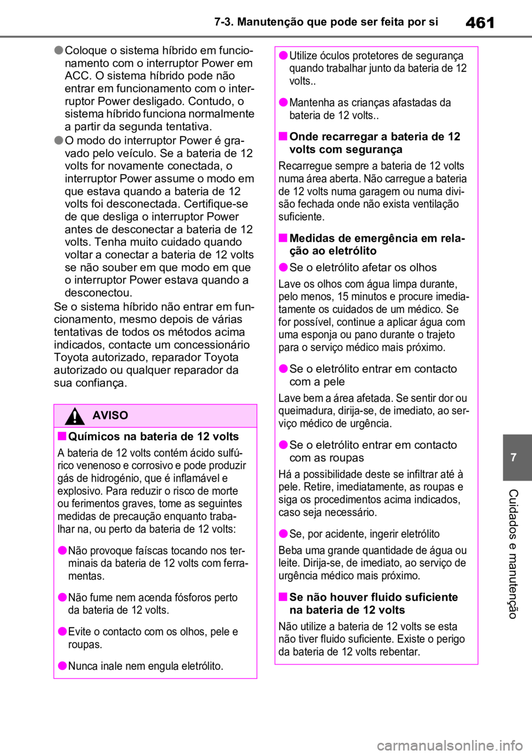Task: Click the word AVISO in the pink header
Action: [110, 415]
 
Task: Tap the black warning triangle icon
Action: [74, 416]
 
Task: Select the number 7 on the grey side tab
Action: [513, 457]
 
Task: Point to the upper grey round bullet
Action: [59, 50]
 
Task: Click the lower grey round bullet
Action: [59, 140]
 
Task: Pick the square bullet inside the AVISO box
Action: [62, 436]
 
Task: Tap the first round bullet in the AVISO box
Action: [62, 550]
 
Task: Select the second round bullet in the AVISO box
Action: [62, 597]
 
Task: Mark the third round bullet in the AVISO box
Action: [62, 631]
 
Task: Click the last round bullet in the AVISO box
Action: [62, 666]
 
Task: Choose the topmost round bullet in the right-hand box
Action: [283, 55]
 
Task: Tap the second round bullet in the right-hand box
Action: [283, 102]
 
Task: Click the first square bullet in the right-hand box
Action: [283, 136]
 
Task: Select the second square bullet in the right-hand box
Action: [283, 238]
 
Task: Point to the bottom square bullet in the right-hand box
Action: [283, 597]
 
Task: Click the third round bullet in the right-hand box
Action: [283, 268]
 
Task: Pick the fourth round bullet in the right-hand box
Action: [283, 369]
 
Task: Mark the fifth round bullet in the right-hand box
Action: [283, 445]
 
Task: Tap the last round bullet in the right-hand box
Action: [283, 534]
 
